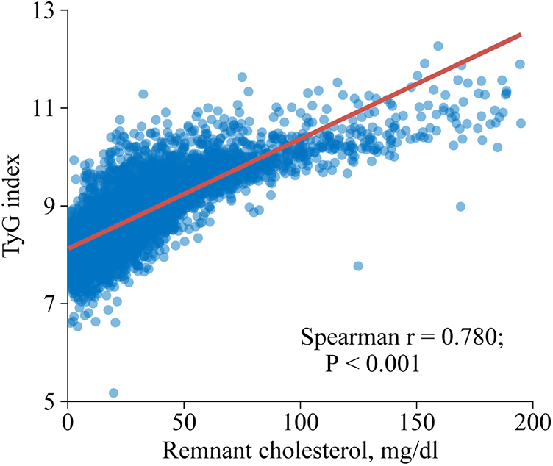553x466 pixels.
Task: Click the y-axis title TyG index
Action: (15, 206)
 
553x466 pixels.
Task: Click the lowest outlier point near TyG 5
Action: (113, 393)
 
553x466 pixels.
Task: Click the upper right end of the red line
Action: (520, 35)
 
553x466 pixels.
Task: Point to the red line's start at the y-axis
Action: (69, 248)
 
